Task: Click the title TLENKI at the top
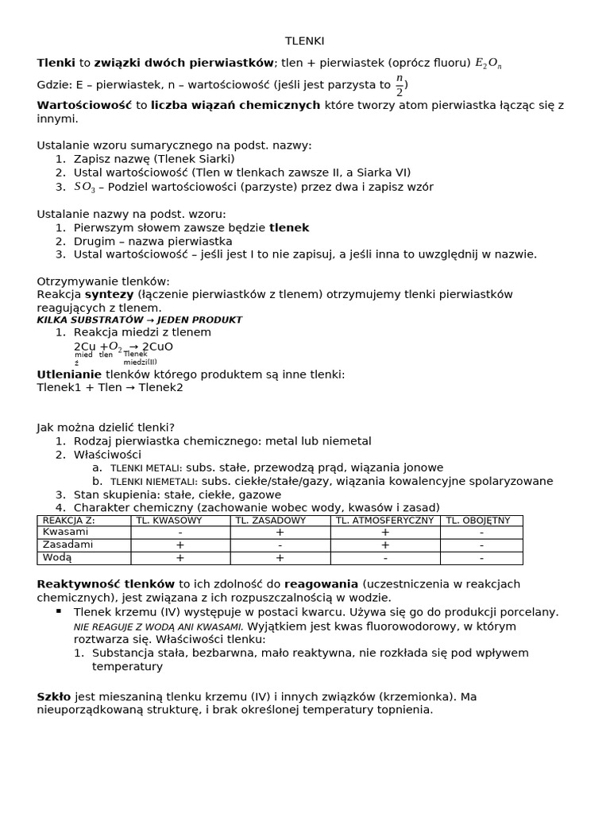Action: tap(304, 41)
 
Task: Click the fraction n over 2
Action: tap(400, 86)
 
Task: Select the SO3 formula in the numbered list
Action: tap(84, 188)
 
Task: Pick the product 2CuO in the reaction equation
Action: tap(157, 347)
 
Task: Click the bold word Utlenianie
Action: tap(69, 374)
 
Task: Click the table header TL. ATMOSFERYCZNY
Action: tap(384, 521)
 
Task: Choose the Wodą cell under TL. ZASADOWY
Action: tap(280, 558)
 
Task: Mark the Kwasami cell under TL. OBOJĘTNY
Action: tap(481, 532)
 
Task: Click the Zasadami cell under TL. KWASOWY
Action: tap(180, 545)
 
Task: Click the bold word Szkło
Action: tap(54, 696)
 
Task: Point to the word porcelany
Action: tap(531, 612)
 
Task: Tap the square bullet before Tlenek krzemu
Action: tap(59, 611)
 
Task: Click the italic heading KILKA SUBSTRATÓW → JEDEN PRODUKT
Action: tap(140, 320)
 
